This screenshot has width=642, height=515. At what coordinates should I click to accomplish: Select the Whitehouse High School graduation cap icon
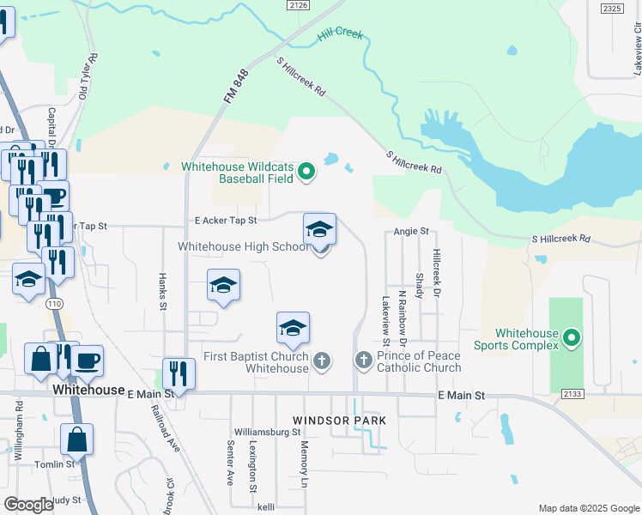(x=319, y=230)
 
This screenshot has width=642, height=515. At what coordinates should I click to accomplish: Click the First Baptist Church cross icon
(x=321, y=360)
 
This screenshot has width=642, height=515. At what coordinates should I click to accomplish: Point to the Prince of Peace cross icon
(x=363, y=360)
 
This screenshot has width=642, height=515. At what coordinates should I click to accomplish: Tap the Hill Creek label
(x=340, y=35)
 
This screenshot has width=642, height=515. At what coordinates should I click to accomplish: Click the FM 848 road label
(x=235, y=87)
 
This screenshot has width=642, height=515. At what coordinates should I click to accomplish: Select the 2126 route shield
(x=299, y=5)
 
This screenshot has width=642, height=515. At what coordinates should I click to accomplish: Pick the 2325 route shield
(x=612, y=8)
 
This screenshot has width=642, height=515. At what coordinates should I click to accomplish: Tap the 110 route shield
(x=54, y=304)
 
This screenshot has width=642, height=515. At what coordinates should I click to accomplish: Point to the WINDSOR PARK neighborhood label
(x=339, y=421)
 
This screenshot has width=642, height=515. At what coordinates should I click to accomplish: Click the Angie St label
(x=411, y=231)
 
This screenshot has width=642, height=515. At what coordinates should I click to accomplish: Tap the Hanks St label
(x=161, y=287)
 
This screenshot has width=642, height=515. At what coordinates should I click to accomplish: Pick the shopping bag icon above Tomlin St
(x=76, y=439)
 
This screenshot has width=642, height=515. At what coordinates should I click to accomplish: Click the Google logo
(x=28, y=505)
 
